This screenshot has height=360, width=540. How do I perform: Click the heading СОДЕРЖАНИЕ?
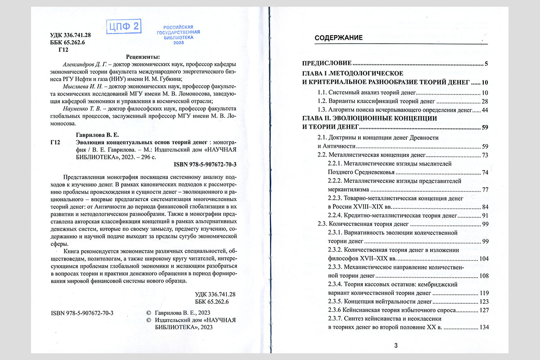click(x=338, y=38)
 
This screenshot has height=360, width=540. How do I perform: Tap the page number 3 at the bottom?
click(x=396, y=346)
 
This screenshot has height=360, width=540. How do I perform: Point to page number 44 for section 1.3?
click(x=485, y=110)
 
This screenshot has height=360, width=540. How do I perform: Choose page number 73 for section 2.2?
click(x=485, y=155)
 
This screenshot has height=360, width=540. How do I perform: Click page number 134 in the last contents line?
click(x=483, y=327)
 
